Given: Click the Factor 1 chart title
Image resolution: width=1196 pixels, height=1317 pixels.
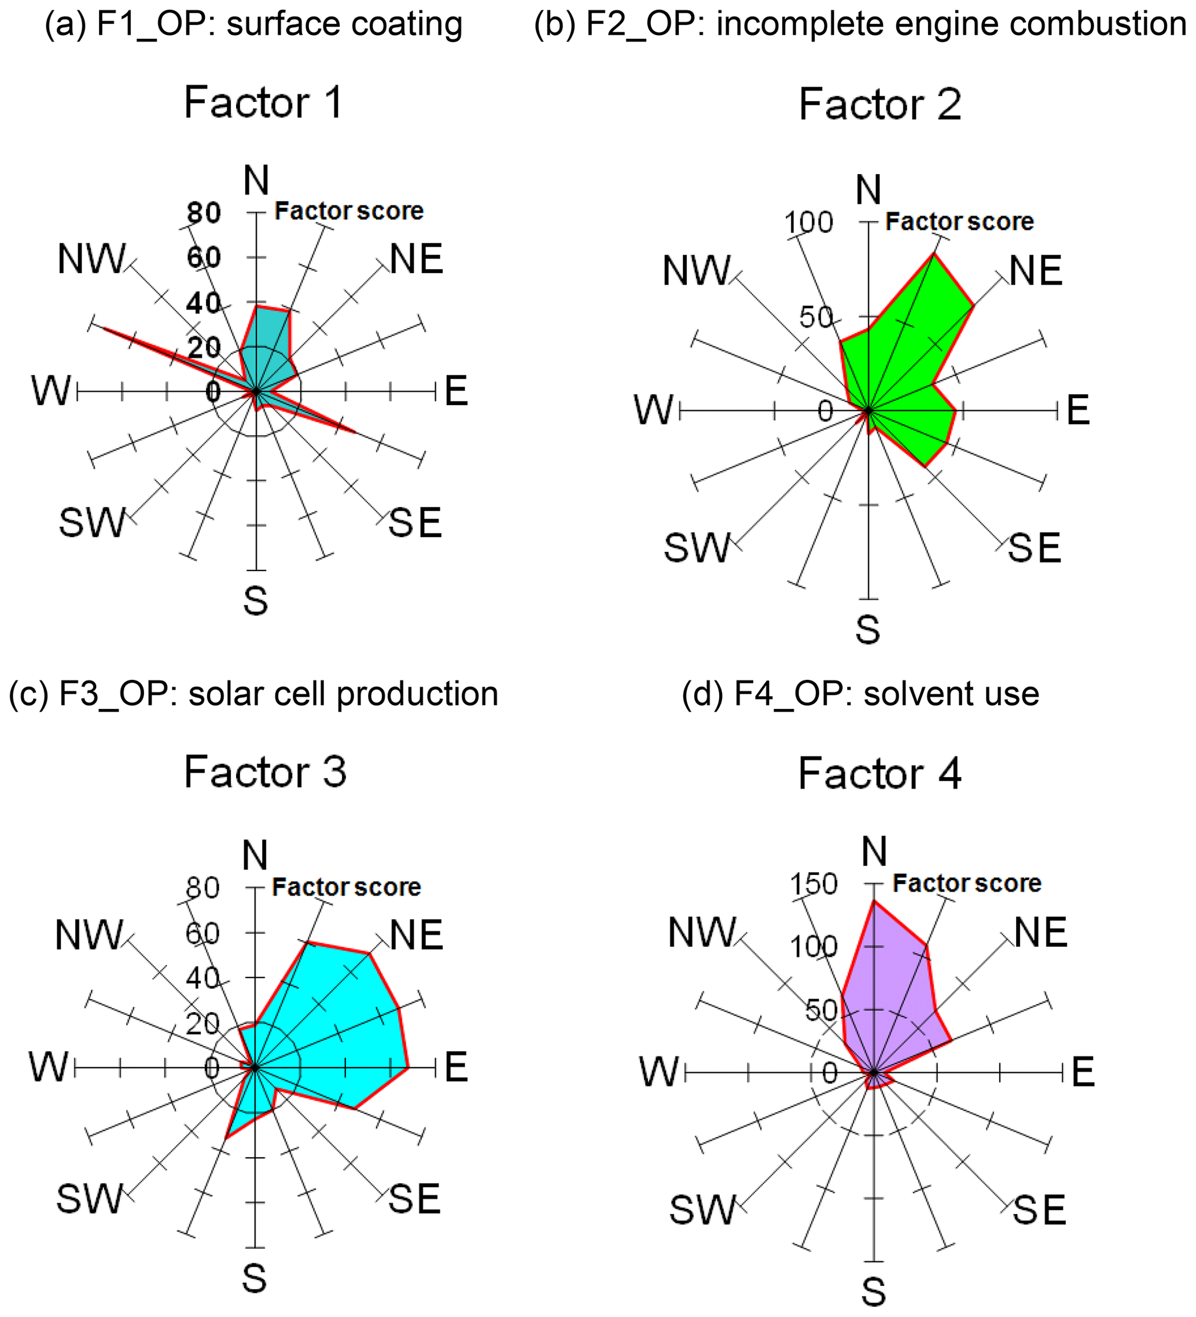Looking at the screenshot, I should [x=263, y=102].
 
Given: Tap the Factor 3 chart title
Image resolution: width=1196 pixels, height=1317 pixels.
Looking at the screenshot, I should [x=264, y=771].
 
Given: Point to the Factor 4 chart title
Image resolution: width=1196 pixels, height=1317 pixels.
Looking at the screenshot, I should [x=879, y=774].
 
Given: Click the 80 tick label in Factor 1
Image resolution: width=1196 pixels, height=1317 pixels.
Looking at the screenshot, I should [x=204, y=213].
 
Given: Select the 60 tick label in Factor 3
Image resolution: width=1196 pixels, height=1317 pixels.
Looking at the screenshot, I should [x=203, y=933].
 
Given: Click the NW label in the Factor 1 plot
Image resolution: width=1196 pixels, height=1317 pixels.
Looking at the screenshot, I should [x=91, y=259].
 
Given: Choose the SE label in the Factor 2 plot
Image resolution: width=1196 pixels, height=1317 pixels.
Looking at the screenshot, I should [x=1034, y=547].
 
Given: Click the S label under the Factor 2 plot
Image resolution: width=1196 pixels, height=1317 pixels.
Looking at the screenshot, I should [x=867, y=630].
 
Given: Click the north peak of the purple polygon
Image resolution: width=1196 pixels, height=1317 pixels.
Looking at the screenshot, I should [x=874, y=902].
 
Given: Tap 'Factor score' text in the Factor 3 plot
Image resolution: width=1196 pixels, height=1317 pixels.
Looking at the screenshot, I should [x=346, y=887].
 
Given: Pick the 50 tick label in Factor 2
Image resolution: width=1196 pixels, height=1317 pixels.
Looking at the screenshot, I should [x=816, y=318].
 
